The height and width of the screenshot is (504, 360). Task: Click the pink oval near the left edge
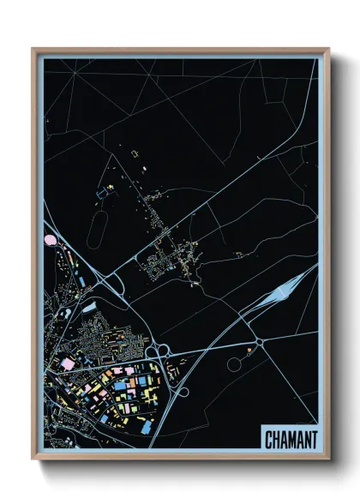click(49, 242)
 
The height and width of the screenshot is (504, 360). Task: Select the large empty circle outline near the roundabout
click(234, 364)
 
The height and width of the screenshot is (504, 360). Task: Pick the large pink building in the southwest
click(67, 363)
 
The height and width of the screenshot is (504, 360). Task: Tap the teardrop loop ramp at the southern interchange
click(182, 392)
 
